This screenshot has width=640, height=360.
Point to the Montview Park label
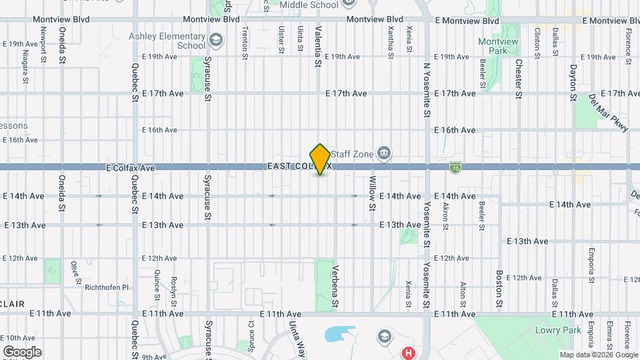498,46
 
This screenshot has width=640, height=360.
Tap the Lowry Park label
558,330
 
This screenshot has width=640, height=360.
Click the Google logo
22,351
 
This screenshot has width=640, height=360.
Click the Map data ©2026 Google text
598,355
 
